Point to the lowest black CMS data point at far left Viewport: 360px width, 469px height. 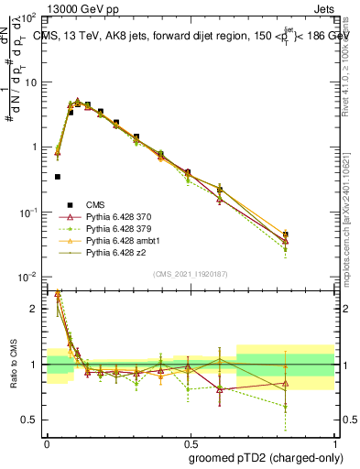click(x=58, y=177)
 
